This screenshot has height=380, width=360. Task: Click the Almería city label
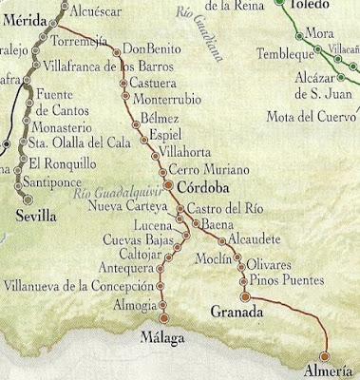click(328, 370)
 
